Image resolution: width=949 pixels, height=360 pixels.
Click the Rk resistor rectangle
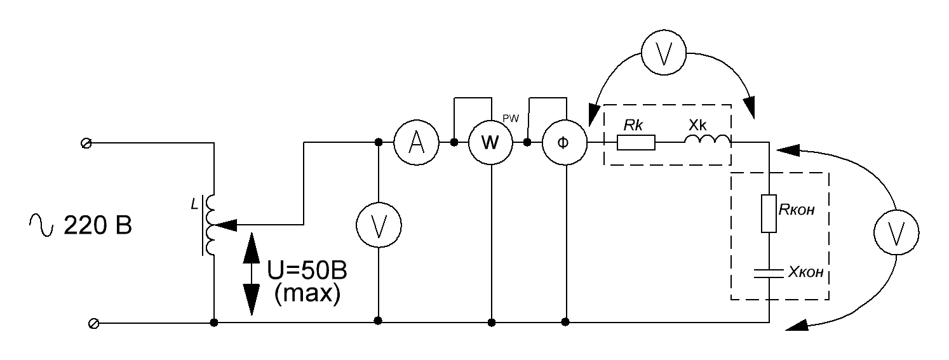coord(636,143)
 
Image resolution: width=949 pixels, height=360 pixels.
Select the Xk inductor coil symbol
coord(707,139)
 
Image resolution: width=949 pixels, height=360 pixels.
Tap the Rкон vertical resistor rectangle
coord(769,213)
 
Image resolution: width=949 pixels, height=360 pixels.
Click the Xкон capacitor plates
coord(769,273)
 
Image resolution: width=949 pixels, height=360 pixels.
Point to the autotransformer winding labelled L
coord(210,225)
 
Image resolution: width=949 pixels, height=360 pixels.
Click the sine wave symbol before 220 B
coord(41,225)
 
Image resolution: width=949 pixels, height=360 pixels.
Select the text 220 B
coord(98,225)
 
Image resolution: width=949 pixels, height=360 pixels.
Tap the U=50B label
coord(307,270)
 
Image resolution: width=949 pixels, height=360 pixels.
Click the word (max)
coord(307,293)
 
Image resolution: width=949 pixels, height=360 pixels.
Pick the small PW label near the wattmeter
coord(511,119)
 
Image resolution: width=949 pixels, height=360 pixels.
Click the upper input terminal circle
coord(86,143)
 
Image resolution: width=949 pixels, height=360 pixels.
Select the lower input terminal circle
coord(93,324)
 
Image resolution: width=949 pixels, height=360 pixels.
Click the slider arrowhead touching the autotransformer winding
coord(225,225)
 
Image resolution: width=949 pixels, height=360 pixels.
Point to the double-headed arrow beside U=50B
coord(252,274)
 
